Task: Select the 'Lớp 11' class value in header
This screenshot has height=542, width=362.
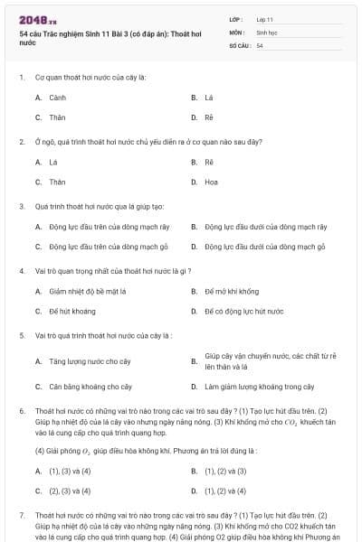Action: click(264, 18)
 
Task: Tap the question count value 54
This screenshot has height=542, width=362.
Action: click(260, 45)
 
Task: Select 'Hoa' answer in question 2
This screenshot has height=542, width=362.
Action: click(211, 182)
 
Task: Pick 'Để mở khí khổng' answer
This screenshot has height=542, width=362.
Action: click(231, 291)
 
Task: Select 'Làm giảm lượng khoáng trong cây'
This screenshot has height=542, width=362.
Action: click(259, 386)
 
